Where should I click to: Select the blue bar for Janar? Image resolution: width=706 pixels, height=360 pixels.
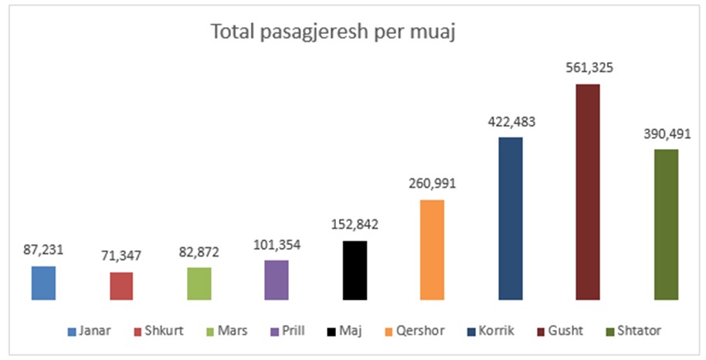point(43,283)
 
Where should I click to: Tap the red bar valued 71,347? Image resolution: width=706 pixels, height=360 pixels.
point(121,286)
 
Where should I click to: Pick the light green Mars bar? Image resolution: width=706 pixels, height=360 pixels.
point(199,284)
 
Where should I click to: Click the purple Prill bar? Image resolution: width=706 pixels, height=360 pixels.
point(277,280)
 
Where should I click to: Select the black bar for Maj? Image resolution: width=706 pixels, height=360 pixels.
point(355,270)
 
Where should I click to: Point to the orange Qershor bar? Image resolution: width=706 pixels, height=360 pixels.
point(433,250)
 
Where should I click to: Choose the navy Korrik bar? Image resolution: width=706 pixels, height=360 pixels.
point(511,218)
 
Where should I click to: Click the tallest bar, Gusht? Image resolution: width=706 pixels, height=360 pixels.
point(588,192)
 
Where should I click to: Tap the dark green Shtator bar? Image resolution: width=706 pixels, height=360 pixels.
point(666,224)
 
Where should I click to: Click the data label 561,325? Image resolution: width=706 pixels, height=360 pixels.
point(588,68)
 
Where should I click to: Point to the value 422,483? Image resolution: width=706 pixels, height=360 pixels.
point(511,121)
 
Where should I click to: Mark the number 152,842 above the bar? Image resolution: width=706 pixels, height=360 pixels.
point(355,224)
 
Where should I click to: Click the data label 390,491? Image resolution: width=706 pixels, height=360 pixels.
point(666,133)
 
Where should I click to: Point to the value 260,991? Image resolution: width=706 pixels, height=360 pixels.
point(433,184)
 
